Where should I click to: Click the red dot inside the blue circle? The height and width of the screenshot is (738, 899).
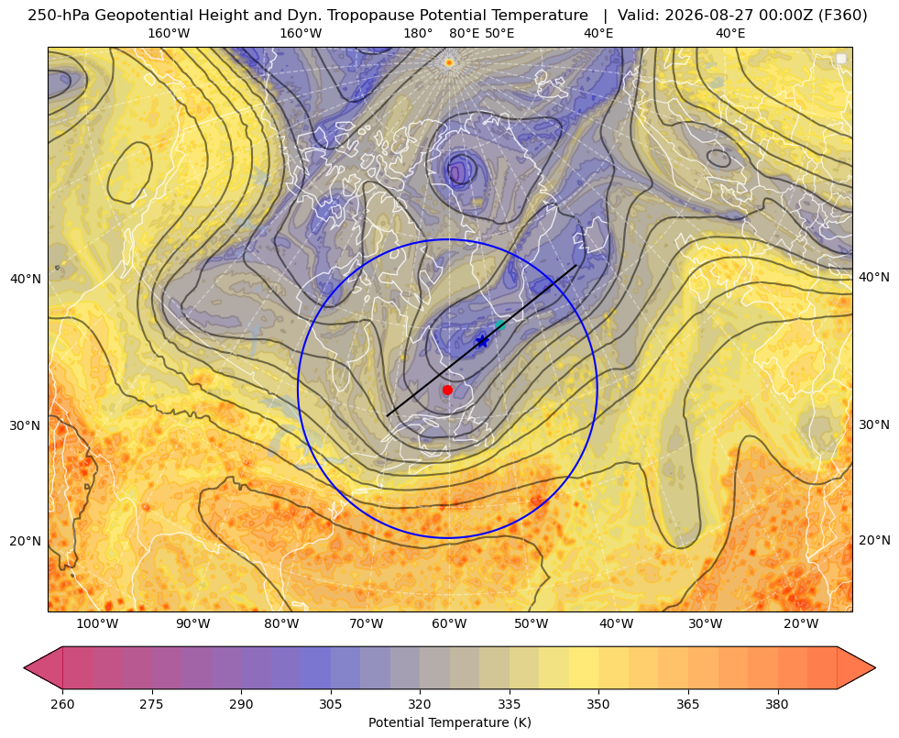point(447,390)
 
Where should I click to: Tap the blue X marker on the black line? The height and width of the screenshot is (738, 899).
point(482,342)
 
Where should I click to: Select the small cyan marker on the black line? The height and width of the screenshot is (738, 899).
point(500,325)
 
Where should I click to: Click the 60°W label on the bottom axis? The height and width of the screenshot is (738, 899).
point(449,623)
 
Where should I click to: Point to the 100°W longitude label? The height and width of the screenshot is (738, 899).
point(97,623)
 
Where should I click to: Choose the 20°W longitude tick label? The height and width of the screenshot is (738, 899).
point(801,623)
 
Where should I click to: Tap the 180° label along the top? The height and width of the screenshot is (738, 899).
point(418,33)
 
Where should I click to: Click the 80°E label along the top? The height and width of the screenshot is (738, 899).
point(465,33)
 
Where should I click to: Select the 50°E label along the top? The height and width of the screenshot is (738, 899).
point(499,33)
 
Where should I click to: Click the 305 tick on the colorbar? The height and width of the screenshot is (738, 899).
point(330,704)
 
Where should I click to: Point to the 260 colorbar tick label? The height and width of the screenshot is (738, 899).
point(62,704)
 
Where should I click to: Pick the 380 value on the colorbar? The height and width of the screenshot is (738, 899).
point(777,704)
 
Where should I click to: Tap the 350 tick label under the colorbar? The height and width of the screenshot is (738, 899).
point(598,704)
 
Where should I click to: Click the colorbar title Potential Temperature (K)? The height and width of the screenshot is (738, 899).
point(449,722)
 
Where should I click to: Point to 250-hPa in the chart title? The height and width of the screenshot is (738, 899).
point(59,16)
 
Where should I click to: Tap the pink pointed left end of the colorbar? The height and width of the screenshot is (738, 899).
point(43,667)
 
